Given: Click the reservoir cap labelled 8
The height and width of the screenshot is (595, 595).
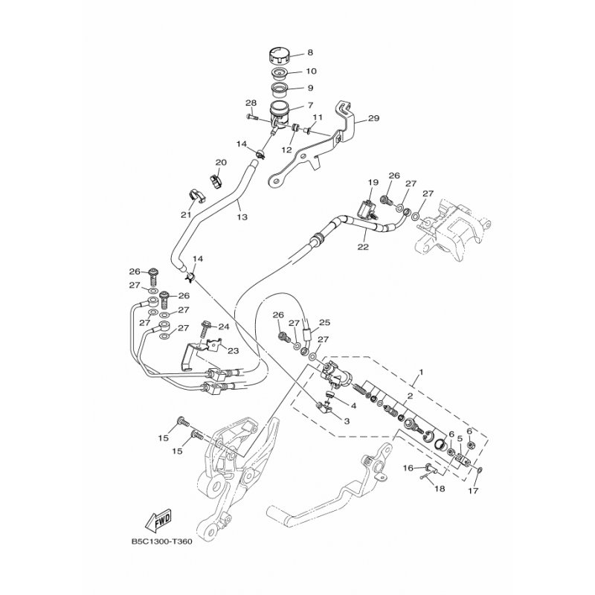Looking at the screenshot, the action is [280, 57].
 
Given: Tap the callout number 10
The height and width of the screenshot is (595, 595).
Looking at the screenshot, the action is [311, 71].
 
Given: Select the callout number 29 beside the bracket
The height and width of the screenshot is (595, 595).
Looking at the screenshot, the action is [373, 118].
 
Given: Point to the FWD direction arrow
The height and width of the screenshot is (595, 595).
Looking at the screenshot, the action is [158, 519].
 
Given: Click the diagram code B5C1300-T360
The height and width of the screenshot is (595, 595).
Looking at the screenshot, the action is [162, 542].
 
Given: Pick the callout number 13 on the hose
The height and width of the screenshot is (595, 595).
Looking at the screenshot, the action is [242, 217].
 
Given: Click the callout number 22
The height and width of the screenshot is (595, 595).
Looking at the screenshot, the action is [363, 247].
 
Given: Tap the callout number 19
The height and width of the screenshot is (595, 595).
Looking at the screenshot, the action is [373, 182].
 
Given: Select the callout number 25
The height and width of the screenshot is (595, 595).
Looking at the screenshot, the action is [325, 323].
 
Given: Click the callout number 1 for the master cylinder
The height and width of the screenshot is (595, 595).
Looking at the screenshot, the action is [421, 372].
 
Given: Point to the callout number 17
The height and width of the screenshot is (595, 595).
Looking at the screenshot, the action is [473, 491].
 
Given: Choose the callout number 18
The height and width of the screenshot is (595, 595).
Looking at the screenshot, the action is [440, 489].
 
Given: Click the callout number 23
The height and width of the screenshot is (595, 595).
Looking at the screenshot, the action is [233, 351].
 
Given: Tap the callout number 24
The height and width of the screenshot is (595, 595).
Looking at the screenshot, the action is [224, 327].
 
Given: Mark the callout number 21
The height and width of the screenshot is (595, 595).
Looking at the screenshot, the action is [186, 215].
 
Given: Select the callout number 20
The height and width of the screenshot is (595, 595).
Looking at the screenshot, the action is [221, 163].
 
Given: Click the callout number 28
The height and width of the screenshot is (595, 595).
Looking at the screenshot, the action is [251, 103].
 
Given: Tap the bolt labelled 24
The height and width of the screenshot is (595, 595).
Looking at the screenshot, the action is [204, 329].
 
